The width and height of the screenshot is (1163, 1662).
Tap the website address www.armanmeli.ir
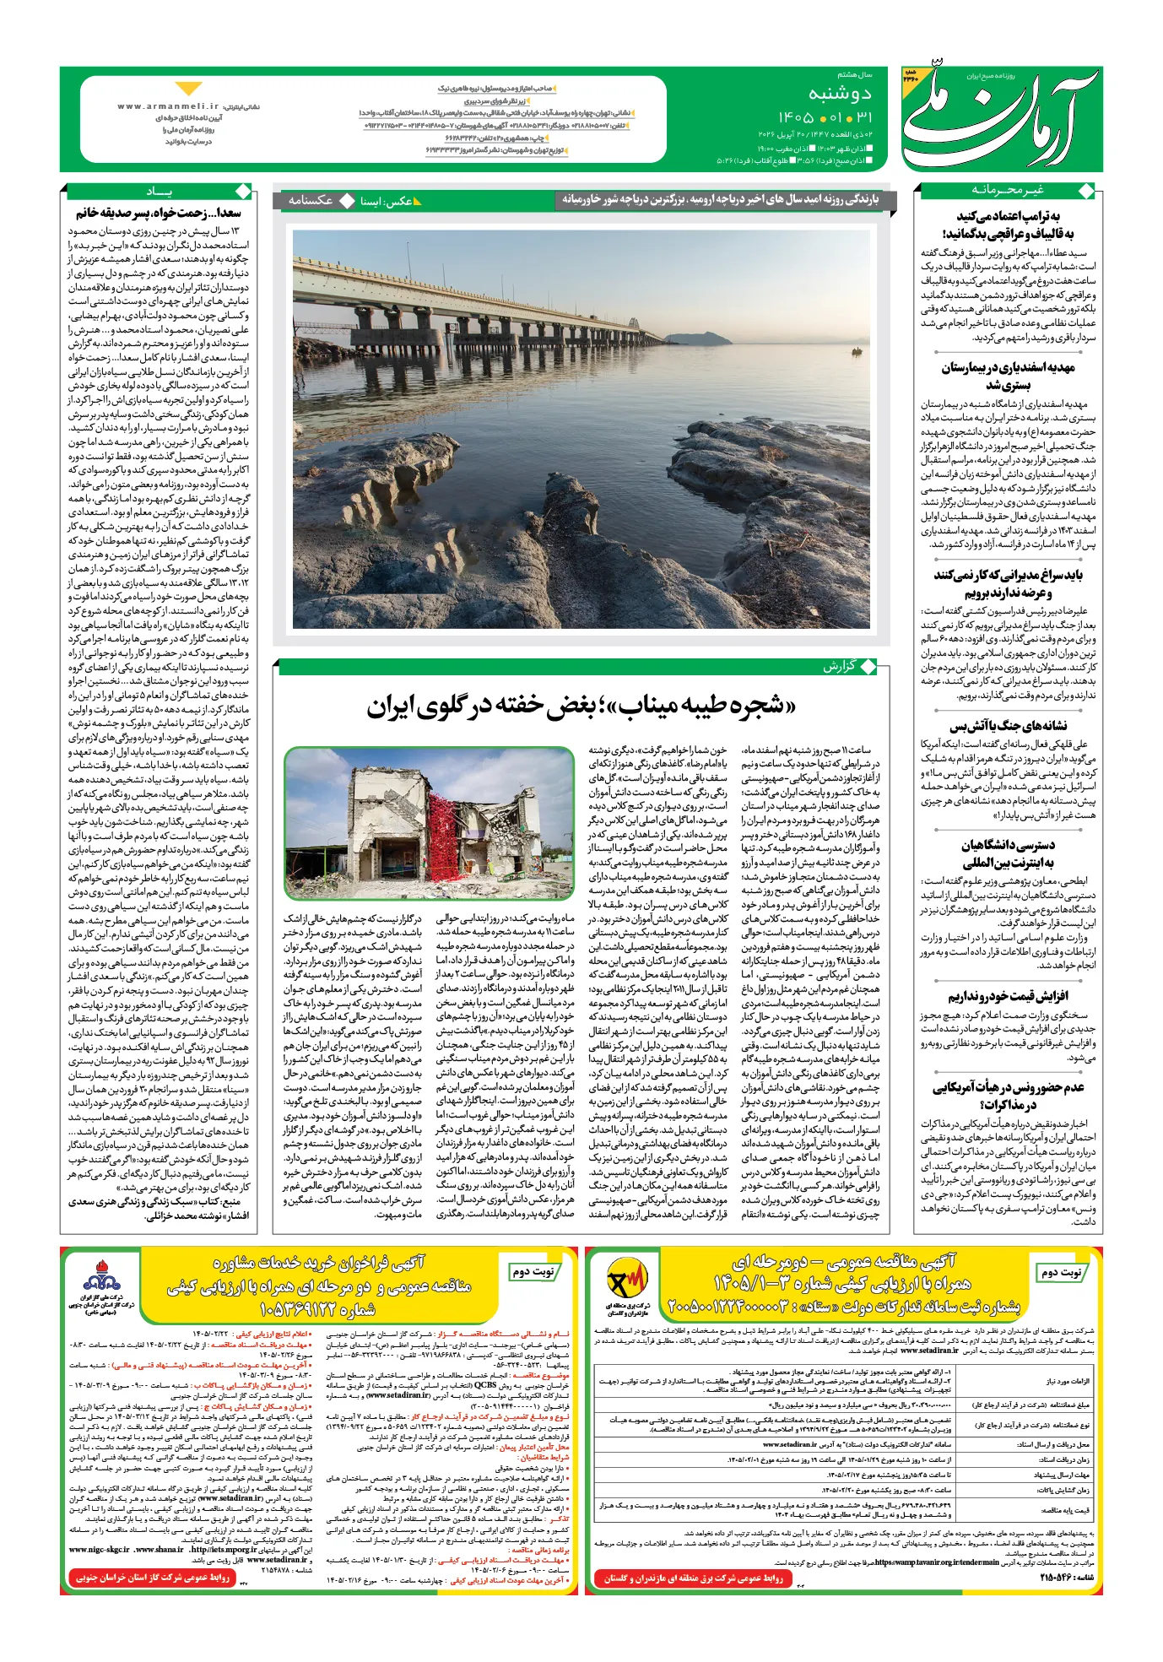pos(168,106)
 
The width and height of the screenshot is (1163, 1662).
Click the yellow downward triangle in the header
pos(188,89)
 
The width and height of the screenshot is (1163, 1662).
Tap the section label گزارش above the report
pos(839,666)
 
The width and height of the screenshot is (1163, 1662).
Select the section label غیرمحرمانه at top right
pos(1007,190)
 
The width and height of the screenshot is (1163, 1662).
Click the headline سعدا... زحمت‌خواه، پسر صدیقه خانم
pos(159,213)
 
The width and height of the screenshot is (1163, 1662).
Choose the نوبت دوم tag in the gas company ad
pos(533,1271)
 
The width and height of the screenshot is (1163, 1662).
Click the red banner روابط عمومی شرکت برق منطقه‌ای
pos(693,1578)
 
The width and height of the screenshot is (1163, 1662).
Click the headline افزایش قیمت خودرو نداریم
pos(1007,996)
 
